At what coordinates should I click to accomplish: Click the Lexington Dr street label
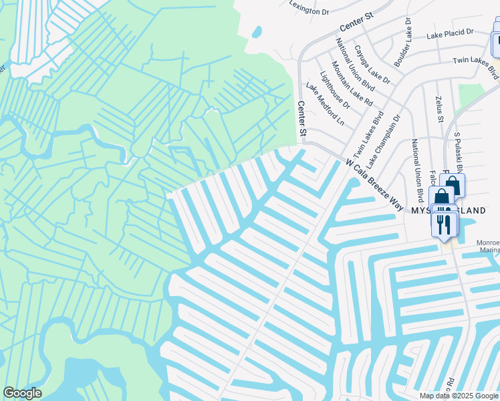[309, 7]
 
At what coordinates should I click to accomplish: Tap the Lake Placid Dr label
[451, 32]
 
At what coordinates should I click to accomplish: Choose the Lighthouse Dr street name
[335, 90]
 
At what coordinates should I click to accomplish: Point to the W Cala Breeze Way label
[374, 184]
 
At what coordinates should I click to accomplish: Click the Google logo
[22, 393]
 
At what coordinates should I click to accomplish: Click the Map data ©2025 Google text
[459, 396]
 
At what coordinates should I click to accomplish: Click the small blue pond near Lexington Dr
[257, 31]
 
